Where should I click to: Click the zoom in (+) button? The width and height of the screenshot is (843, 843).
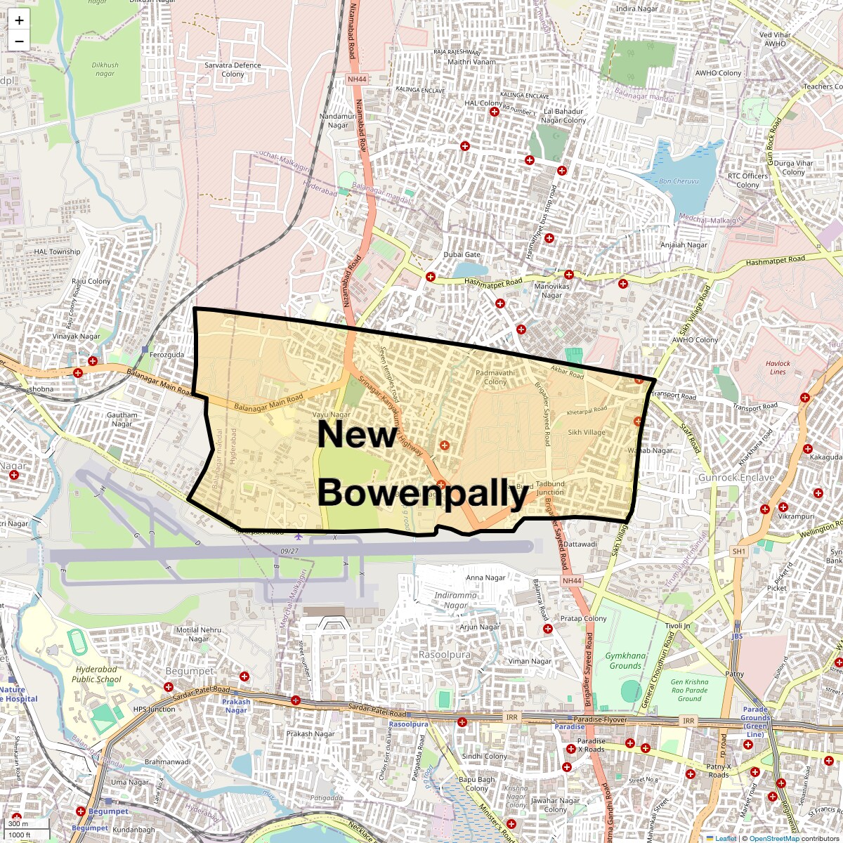click(x=19, y=21)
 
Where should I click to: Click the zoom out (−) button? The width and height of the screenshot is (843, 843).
click(x=19, y=41)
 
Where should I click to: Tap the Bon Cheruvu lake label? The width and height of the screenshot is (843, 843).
click(x=679, y=181)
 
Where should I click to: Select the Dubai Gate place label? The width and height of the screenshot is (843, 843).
click(x=462, y=255)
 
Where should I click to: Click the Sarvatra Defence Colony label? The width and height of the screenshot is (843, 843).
click(x=233, y=70)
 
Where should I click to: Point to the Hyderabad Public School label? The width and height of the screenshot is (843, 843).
click(x=96, y=674)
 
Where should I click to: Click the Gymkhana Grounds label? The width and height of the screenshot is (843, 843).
click(x=625, y=660)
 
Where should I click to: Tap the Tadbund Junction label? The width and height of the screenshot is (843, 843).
click(x=550, y=488)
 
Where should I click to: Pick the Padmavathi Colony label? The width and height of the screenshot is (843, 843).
click(x=495, y=377)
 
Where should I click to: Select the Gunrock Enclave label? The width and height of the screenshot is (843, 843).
click(x=736, y=478)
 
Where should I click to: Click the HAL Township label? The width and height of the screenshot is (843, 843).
click(x=58, y=251)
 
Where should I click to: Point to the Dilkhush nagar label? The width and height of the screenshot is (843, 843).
click(x=105, y=69)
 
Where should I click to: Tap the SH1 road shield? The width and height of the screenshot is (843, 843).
click(x=738, y=552)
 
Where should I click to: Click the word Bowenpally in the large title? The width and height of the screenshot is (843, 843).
click(x=423, y=493)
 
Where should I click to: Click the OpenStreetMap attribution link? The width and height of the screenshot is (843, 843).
click(x=773, y=838)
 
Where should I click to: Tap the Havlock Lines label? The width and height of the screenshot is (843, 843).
click(x=778, y=367)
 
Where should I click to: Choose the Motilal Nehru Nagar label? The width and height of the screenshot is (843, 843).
click(x=199, y=634)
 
